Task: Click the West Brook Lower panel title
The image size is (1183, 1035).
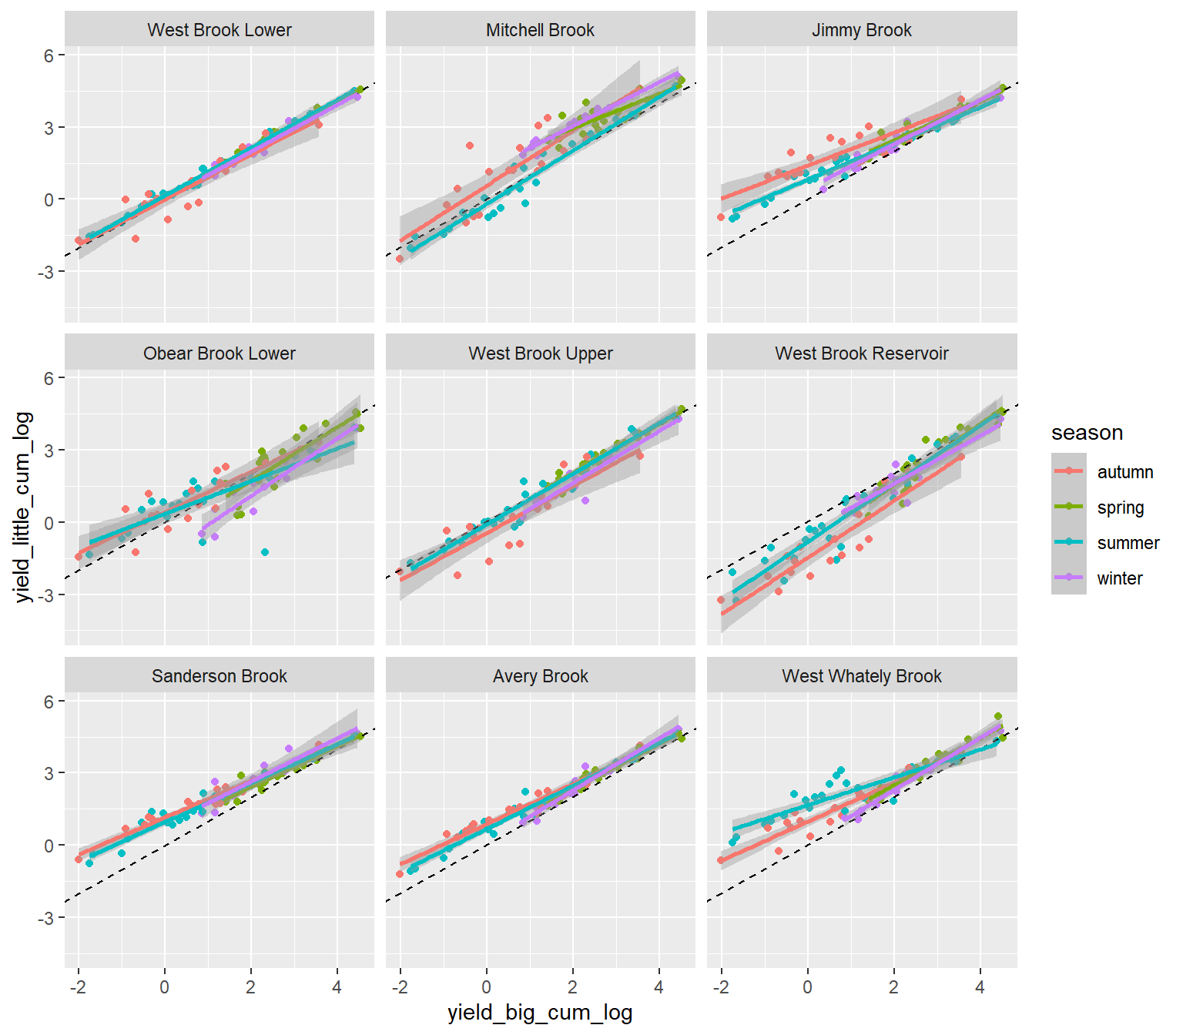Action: tap(220, 30)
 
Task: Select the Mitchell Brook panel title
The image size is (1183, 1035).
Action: tap(540, 30)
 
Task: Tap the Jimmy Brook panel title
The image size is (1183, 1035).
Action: tap(861, 30)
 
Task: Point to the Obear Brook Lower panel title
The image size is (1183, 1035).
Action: tap(220, 353)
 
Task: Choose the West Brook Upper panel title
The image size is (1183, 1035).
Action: tap(540, 353)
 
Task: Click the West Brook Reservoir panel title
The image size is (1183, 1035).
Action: tap(861, 353)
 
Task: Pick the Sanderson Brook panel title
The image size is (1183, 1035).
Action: tap(220, 676)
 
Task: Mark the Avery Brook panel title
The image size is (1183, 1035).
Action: tap(540, 676)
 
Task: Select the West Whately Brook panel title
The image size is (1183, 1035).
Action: tap(861, 676)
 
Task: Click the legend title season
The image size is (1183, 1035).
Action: tap(1087, 433)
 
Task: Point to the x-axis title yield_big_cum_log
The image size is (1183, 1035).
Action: tap(540, 1013)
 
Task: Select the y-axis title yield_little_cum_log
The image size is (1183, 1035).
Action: tap(22, 507)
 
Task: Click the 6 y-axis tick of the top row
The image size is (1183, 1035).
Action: tap(49, 55)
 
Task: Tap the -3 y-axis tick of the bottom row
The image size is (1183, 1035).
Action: tap(45, 918)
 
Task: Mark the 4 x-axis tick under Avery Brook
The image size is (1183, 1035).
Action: tap(659, 987)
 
